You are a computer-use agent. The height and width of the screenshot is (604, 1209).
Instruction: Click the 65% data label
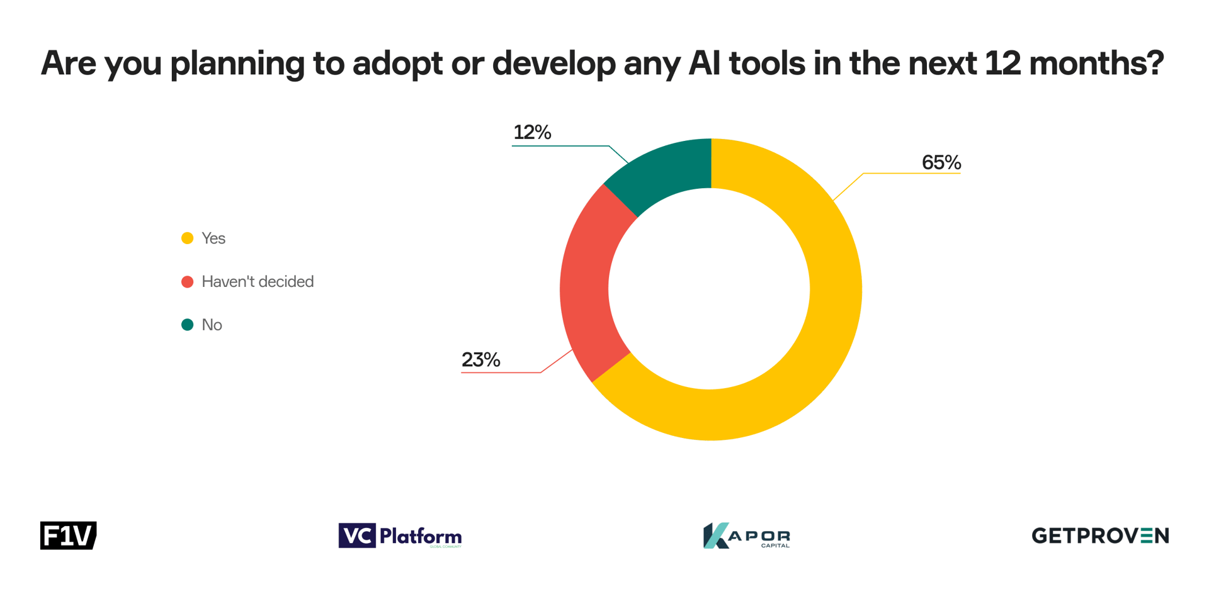[941, 163]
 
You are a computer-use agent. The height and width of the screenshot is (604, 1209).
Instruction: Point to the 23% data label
[480, 360]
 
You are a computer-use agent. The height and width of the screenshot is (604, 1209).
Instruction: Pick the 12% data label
[532, 133]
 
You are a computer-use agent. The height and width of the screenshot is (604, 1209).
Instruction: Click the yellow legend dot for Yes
[187, 238]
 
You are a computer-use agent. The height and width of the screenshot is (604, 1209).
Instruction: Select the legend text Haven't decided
[257, 281]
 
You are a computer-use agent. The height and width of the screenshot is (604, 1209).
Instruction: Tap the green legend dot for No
[187, 325]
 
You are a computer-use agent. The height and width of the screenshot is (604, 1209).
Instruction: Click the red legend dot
[187, 281]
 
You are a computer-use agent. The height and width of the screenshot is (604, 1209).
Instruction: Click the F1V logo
[68, 535]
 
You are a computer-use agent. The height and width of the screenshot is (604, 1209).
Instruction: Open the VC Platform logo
[400, 536]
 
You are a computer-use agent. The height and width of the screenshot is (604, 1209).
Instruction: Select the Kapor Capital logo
[746, 536]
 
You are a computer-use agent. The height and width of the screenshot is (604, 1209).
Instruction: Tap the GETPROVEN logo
[1099, 535]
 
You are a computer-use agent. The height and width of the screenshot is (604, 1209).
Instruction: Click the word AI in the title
[701, 63]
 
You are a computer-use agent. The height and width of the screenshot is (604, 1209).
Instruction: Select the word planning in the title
[237, 64]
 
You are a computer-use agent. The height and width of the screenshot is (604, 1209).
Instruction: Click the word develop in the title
[553, 64]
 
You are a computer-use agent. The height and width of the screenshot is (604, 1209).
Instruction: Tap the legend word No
[212, 325]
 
